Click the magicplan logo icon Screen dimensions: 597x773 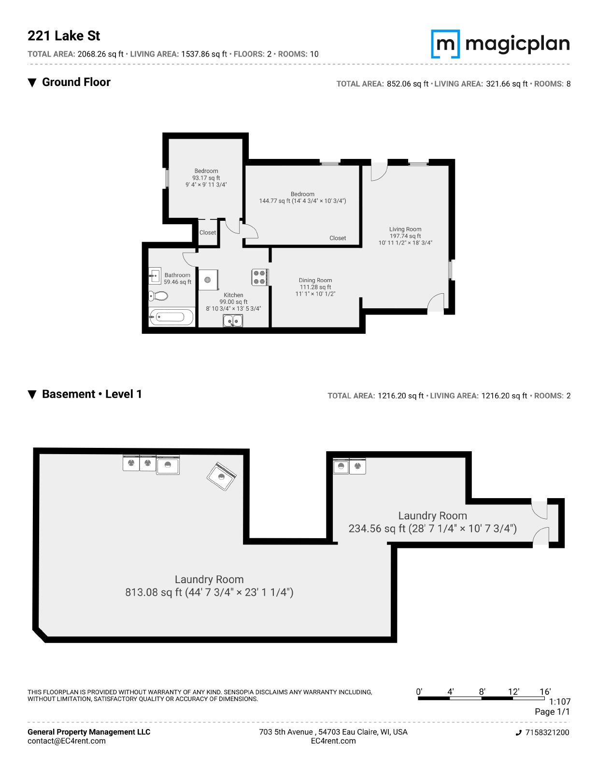pos(445,44)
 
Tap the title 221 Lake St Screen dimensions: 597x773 pos(64,36)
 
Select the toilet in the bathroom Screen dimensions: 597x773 pos(158,295)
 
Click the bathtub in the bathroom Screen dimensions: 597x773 pos(171,316)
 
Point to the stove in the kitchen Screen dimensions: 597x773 pos(260,277)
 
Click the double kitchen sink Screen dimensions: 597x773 pos(233,320)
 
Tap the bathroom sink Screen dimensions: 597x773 pos(155,275)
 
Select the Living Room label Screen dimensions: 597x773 pos(405,229)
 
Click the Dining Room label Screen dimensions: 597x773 pos(315,280)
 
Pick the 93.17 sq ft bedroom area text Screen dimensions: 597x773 pos(206,178)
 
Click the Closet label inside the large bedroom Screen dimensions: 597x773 pos(338,238)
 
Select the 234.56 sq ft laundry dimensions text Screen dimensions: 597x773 pos(432,529)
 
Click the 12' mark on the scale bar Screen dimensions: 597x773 pos(513,692)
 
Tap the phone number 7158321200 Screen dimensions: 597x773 pos(547,732)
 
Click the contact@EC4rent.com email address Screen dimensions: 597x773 pos(67,741)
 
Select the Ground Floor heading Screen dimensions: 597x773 pos(76,82)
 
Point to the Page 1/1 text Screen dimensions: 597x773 pos(552,712)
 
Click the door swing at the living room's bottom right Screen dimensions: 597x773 pos(436,302)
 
